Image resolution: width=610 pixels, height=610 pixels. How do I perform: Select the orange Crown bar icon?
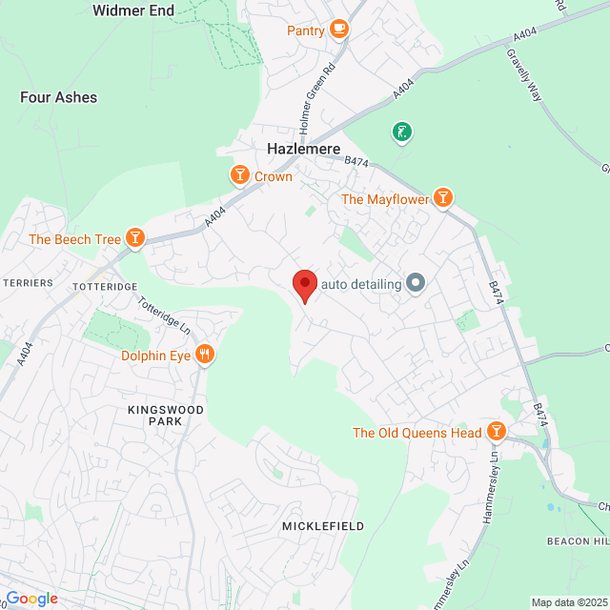239,175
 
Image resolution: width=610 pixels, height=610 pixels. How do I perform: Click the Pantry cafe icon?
338,30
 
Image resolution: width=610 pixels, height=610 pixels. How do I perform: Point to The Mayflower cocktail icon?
442,198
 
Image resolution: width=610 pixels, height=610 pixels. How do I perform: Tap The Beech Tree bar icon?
135,238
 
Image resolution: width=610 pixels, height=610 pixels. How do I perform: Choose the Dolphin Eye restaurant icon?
204,356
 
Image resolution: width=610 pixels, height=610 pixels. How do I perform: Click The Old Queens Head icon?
496,432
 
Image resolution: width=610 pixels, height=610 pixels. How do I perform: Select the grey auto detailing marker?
415,282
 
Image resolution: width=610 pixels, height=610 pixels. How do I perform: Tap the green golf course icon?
402,132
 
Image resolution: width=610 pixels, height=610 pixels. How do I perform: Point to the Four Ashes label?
58,97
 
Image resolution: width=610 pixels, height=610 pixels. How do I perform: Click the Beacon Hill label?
578,540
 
